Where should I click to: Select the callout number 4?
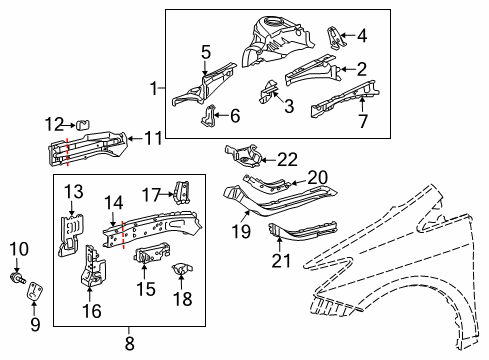(361, 37)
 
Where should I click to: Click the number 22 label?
(288, 157)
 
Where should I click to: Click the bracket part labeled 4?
(336, 39)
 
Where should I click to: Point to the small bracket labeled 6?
(212, 117)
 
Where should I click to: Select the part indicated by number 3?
(267, 93)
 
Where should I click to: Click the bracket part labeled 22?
(246, 155)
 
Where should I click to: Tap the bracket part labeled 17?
(182, 193)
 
